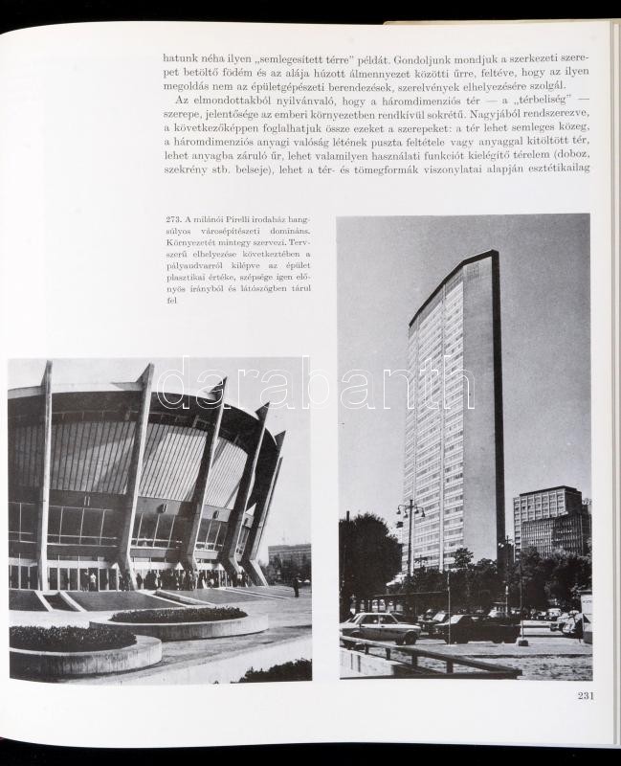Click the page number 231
[585, 695]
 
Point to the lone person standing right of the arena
[296, 587]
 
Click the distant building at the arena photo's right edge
[289, 554]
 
